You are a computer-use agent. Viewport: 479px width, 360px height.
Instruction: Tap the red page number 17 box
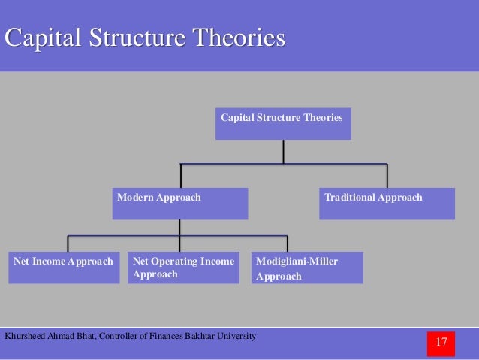(x=441, y=343)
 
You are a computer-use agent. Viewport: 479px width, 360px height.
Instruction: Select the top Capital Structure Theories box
(x=283, y=124)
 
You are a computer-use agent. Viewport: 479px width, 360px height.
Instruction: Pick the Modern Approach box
(x=179, y=204)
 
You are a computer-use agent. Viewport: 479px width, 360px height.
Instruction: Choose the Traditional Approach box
(x=387, y=204)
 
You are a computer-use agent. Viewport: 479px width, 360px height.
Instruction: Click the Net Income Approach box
(x=64, y=268)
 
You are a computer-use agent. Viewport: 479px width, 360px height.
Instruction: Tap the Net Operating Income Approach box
(x=183, y=268)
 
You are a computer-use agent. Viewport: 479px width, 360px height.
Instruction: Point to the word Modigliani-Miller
(x=297, y=262)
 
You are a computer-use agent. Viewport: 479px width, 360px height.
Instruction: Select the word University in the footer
(x=234, y=335)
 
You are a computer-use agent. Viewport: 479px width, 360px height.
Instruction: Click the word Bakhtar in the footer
(x=195, y=335)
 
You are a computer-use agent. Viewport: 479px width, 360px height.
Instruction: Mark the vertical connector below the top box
(x=283, y=151)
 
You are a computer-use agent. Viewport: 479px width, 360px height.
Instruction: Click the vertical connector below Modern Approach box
(x=179, y=228)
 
